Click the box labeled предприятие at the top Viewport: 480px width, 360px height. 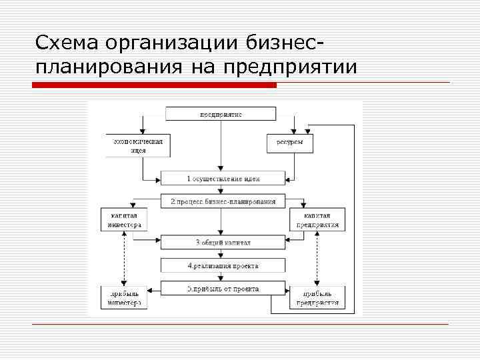click(221, 114)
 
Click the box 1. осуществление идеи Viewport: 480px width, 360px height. click(223, 179)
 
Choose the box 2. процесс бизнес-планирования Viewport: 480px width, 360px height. click(223, 201)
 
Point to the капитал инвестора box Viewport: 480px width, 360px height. click(123, 220)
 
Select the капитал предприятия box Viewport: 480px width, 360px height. click(317, 220)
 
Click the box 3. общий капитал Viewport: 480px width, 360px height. click(223, 242)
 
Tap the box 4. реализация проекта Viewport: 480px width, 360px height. click(223, 265)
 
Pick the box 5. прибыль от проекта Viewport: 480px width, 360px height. click(223, 289)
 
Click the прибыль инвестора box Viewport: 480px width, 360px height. click(123, 297)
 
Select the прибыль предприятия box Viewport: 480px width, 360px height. click(317, 297)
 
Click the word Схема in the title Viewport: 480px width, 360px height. click(66, 43)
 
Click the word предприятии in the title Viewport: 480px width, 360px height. click(290, 67)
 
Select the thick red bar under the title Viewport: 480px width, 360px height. click(154, 85)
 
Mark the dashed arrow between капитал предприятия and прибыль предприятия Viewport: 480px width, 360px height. click(317, 258)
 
